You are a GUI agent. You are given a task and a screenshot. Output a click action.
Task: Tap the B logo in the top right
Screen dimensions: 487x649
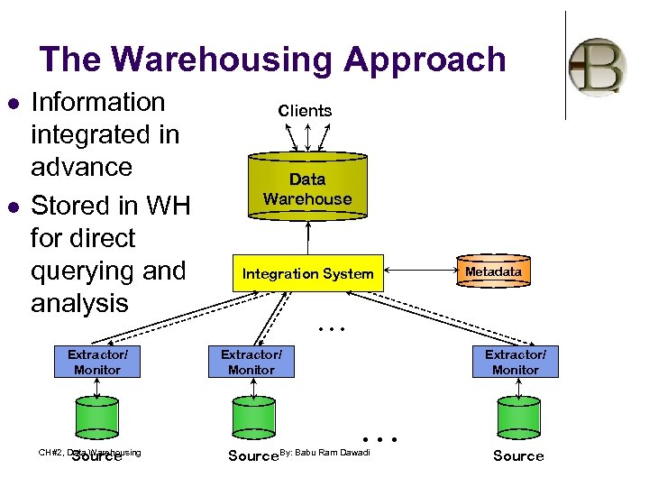(x=598, y=67)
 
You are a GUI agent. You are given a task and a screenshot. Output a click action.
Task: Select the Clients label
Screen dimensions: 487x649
(x=306, y=111)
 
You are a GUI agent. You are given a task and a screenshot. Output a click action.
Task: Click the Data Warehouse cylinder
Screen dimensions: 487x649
(x=307, y=188)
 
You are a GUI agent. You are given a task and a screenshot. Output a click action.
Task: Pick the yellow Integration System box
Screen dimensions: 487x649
(x=308, y=273)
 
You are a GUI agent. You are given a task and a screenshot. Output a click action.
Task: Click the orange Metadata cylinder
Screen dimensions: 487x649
(x=493, y=271)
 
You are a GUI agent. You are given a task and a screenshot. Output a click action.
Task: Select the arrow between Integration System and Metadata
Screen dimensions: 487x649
(x=419, y=269)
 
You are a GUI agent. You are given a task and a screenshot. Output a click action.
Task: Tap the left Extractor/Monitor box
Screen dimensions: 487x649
(x=96, y=363)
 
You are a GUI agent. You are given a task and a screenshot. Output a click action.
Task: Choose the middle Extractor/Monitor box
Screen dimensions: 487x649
(x=251, y=363)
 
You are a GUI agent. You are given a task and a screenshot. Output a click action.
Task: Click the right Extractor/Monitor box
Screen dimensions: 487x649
(x=516, y=363)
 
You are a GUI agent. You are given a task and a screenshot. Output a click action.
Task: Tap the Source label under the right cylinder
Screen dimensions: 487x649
(x=518, y=456)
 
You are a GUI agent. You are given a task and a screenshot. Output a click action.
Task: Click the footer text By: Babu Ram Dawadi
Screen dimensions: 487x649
(x=325, y=452)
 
